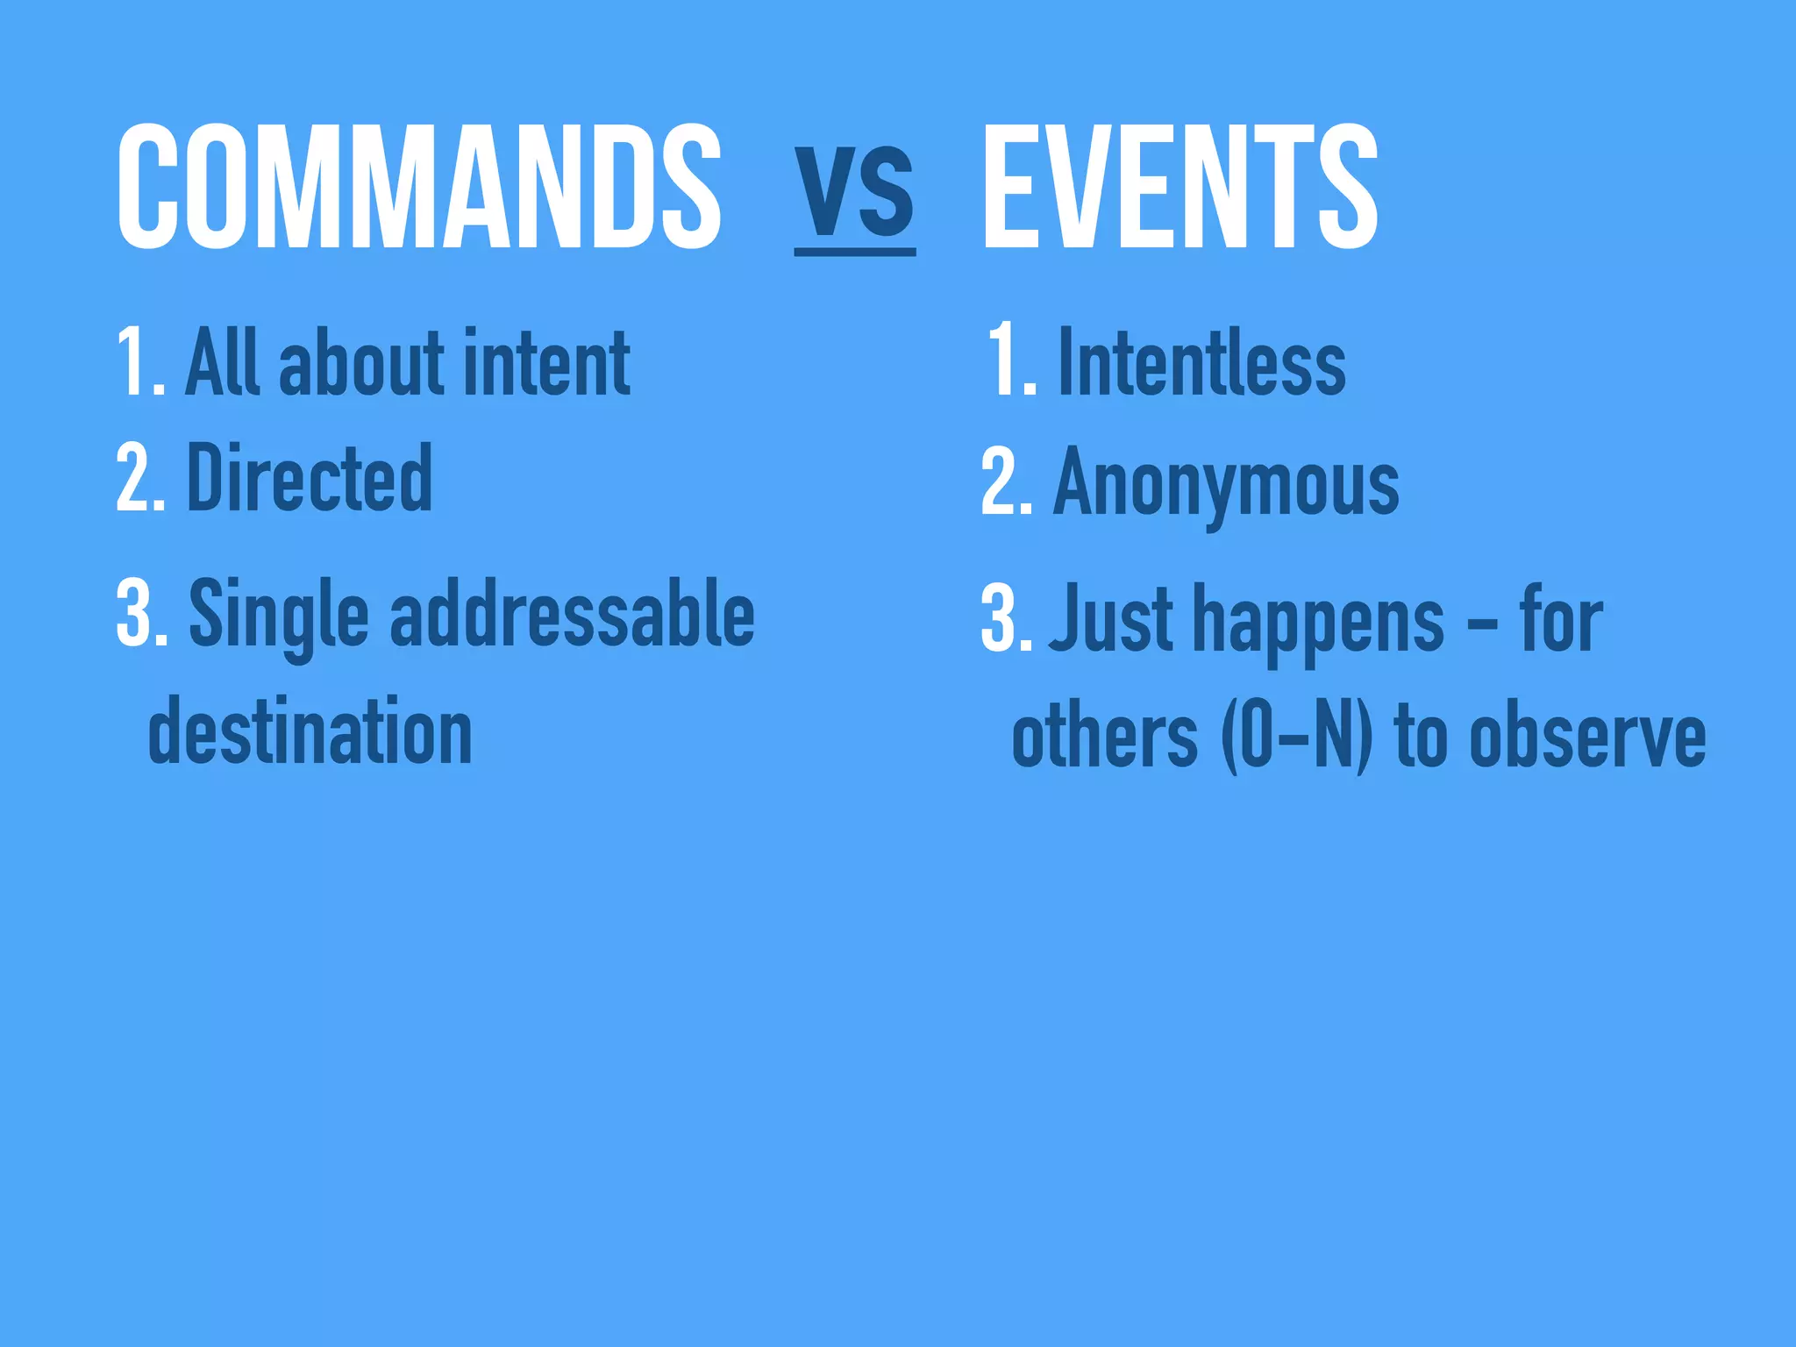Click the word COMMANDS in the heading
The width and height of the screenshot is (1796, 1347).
[x=419, y=186]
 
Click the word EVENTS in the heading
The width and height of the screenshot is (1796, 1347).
[x=1180, y=186]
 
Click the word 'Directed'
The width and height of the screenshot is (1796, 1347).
[x=310, y=478]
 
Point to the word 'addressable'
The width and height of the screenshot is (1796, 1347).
[x=572, y=614]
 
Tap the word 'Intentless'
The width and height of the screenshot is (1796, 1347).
[x=1202, y=362]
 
